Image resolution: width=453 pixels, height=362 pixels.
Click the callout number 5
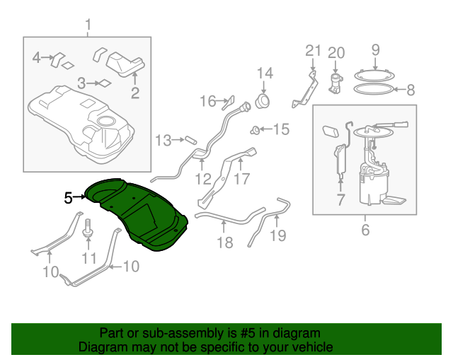68,198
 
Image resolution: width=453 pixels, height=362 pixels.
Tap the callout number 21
313,51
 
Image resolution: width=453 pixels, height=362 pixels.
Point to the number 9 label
375,49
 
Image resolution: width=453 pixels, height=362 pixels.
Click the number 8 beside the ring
410,90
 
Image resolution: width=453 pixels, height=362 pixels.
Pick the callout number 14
264,73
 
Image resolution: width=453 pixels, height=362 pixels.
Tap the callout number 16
206,102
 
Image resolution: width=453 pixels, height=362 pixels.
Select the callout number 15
281,129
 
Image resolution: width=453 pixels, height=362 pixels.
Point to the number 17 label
241,179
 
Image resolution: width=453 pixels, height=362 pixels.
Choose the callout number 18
224,243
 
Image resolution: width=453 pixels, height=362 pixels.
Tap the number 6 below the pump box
365,230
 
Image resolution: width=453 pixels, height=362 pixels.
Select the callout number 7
340,201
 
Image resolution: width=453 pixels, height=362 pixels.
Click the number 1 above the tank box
88,28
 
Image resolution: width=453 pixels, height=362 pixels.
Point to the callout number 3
82,83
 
